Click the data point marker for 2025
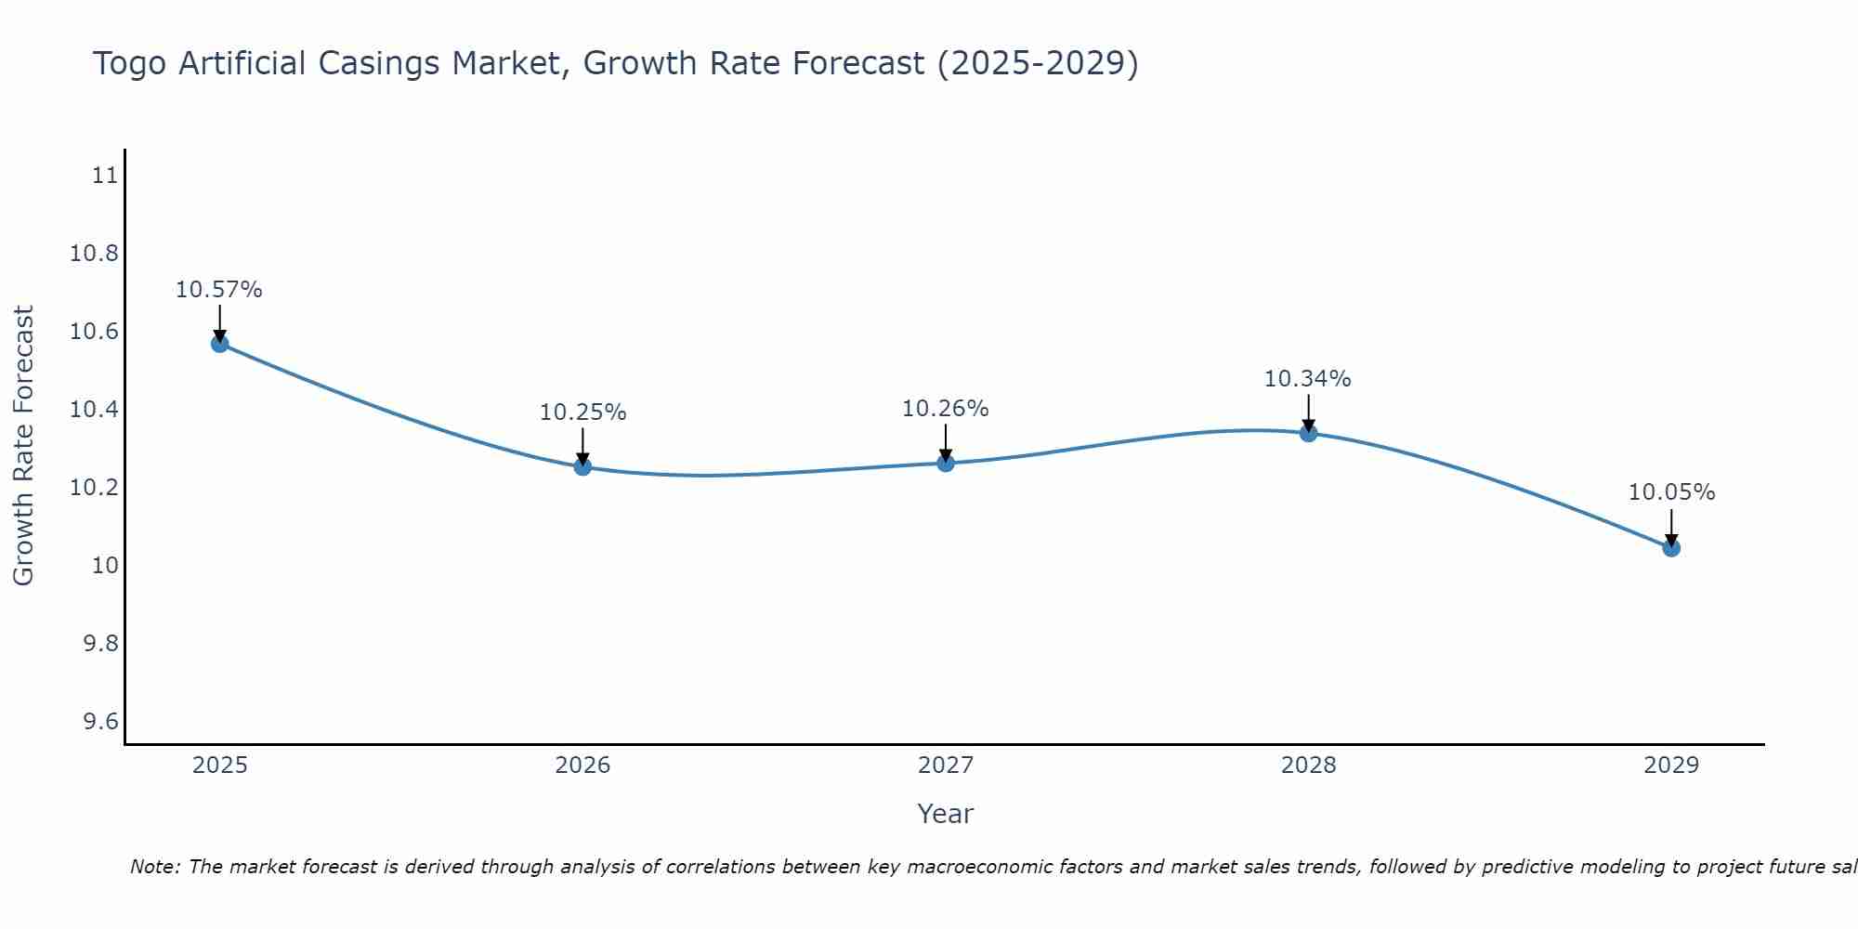coord(219,344)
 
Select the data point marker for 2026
coord(582,466)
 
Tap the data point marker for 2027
coord(946,463)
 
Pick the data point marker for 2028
coord(1308,433)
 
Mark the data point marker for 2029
coord(1671,548)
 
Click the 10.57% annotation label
coord(219,290)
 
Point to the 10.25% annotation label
coord(582,412)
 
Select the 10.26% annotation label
coord(946,409)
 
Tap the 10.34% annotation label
coord(1308,379)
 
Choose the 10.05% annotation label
coord(1671,492)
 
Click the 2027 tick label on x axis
coord(946,765)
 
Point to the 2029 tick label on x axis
coord(1671,765)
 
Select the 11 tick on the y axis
coord(105,176)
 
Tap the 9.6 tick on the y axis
coord(100,722)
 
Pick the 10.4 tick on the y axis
coord(94,410)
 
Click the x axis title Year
coord(946,814)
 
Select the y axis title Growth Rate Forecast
coord(23,446)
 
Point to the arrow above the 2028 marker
coord(1308,412)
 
